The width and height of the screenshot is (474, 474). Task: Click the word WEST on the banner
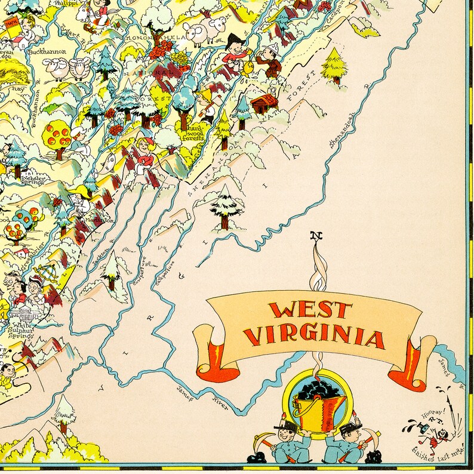(310, 311)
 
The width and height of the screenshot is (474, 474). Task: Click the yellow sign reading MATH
(12, 24)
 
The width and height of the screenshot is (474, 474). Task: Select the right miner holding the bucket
(347, 442)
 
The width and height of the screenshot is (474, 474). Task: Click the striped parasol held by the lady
(41, 275)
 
